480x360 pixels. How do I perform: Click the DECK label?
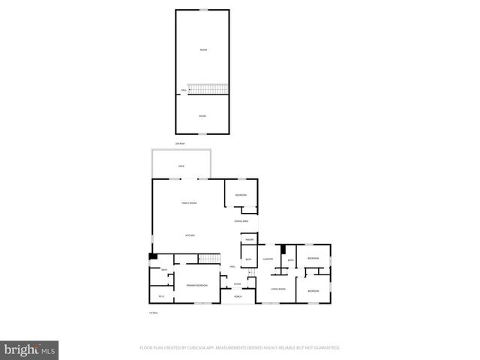click(181, 166)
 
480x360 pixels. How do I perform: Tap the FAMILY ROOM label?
click(189, 203)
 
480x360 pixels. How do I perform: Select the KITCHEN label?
click(190, 236)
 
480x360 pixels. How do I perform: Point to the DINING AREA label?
click(241, 221)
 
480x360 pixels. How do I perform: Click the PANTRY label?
click(249, 239)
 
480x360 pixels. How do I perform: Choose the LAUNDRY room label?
click(268, 259)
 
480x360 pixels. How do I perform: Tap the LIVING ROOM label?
click(278, 288)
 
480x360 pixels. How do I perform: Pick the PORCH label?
click(238, 297)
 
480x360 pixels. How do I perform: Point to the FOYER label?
click(237, 283)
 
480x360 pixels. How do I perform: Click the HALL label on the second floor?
click(184, 91)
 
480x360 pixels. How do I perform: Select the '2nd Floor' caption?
click(180, 142)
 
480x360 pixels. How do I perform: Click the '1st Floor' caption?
click(153, 312)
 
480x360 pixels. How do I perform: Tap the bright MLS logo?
click(30, 349)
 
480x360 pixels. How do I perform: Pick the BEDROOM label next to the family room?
click(241, 195)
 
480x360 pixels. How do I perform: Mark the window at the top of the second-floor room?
click(203, 10)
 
